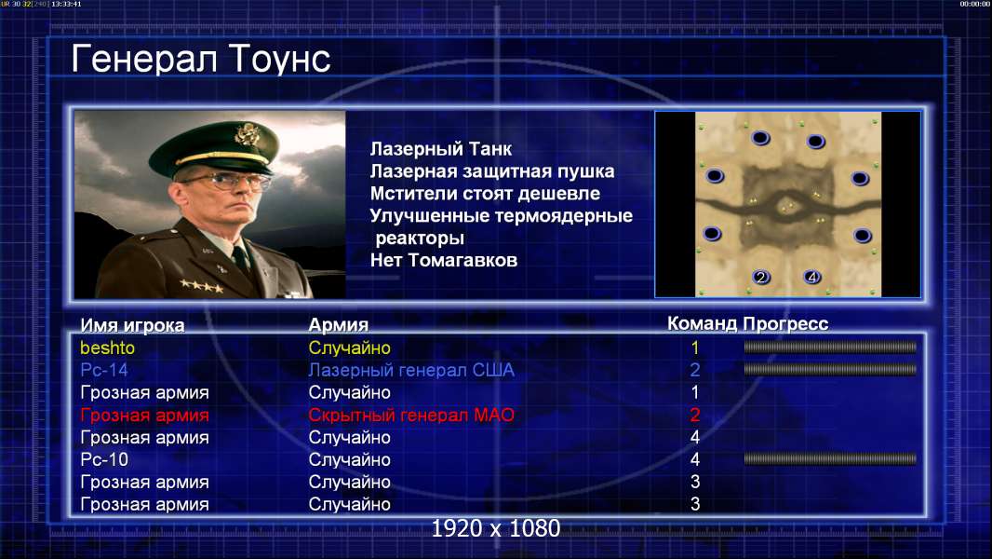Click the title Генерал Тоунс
pos(201,59)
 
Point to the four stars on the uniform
pos(202,286)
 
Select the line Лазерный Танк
pos(441,149)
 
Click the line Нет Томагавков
pos(444,260)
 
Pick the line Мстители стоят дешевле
pos(485,193)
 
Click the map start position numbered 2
pos(760,277)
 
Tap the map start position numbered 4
pos(812,277)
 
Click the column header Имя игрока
pos(132,325)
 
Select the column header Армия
pos(339,325)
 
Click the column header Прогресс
pos(785,323)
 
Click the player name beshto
pos(108,348)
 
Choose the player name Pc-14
pos(103,370)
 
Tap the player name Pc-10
pos(103,459)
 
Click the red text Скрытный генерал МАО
pos(411,416)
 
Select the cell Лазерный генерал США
pos(411,371)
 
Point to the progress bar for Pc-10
pos(830,459)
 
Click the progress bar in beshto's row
pos(830,347)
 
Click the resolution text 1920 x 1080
pos(496,528)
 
